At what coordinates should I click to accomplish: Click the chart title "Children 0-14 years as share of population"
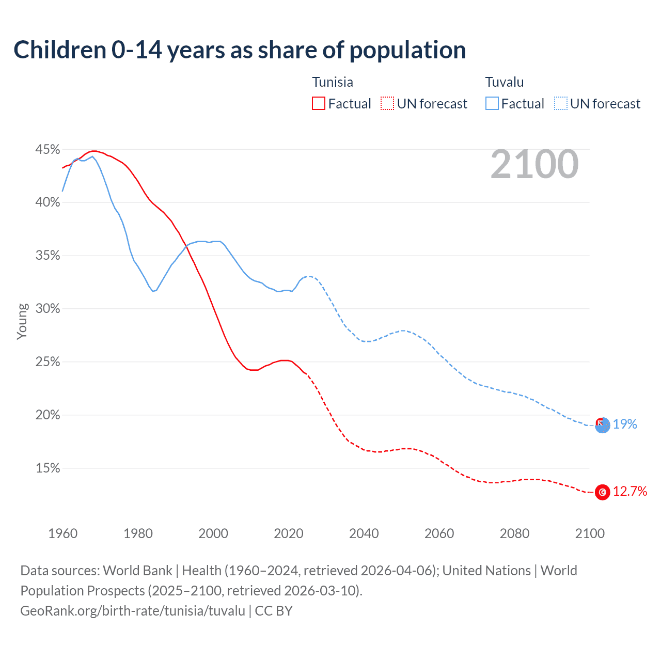click(x=240, y=50)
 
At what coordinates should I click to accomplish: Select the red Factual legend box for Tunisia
click(x=319, y=104)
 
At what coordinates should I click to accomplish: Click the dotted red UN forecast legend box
click(x=387, y=104)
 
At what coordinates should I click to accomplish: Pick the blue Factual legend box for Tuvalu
click(x=492, y=104)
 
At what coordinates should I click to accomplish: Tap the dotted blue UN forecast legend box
click(x=561, y=104)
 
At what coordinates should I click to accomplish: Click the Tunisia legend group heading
click(x=333, y=82)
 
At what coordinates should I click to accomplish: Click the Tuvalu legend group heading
click(x=505, y=82)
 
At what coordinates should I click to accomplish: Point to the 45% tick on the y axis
click(x=48, y=150)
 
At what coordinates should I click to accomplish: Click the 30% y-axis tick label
click(x=48, y=309)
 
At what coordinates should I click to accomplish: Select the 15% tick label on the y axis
click(x=48, y=468)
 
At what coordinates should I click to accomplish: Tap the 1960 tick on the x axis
click(x=63, y=533)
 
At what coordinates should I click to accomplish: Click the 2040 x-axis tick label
click(x=364, y=533)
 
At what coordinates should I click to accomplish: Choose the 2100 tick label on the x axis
click(x=590, y=533)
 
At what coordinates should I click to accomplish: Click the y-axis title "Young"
click(x=22, y=321)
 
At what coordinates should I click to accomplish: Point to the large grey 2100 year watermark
click(x=534, y=164)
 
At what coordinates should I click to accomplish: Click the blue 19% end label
click(x=625, y=424)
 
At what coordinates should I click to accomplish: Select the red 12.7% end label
click(x=630, y=492)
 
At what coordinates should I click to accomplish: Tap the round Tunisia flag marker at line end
click(x=603, y=492)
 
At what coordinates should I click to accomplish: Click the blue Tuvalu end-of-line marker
click(x=603, y=426)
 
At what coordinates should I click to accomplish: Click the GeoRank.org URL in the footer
click(x=133, y=611)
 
